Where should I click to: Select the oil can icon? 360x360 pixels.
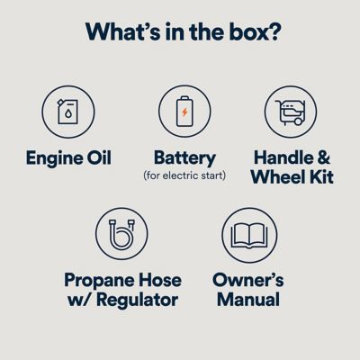[x=68, y=112]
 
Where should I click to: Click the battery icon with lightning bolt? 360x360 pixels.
[x=184, y=112]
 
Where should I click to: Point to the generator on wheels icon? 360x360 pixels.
[x=291, y=112]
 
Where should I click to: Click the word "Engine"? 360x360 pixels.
[x=52, y=158]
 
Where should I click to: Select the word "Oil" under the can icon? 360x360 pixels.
[x=97, y=158]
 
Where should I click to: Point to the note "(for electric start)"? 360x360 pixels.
[x=184, y=175]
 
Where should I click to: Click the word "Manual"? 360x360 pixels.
[x=248, y=300]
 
